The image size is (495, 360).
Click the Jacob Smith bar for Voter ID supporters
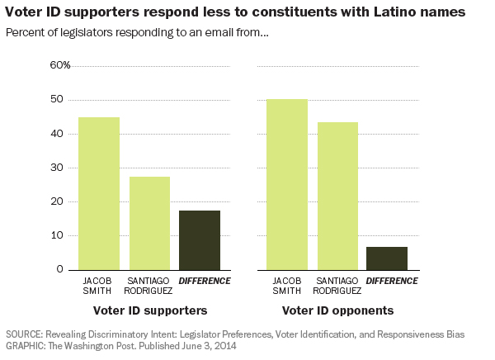pos(99,193)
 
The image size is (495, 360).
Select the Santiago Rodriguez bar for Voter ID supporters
pos(149,223)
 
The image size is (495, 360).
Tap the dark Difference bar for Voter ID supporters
pos(200,239)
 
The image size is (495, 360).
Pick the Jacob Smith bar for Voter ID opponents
pos(286,184)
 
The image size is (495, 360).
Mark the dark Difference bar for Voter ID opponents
pos(387,258)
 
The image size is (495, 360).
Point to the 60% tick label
pos(60,65)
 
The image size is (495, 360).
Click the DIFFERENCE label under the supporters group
pos(205,281)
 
